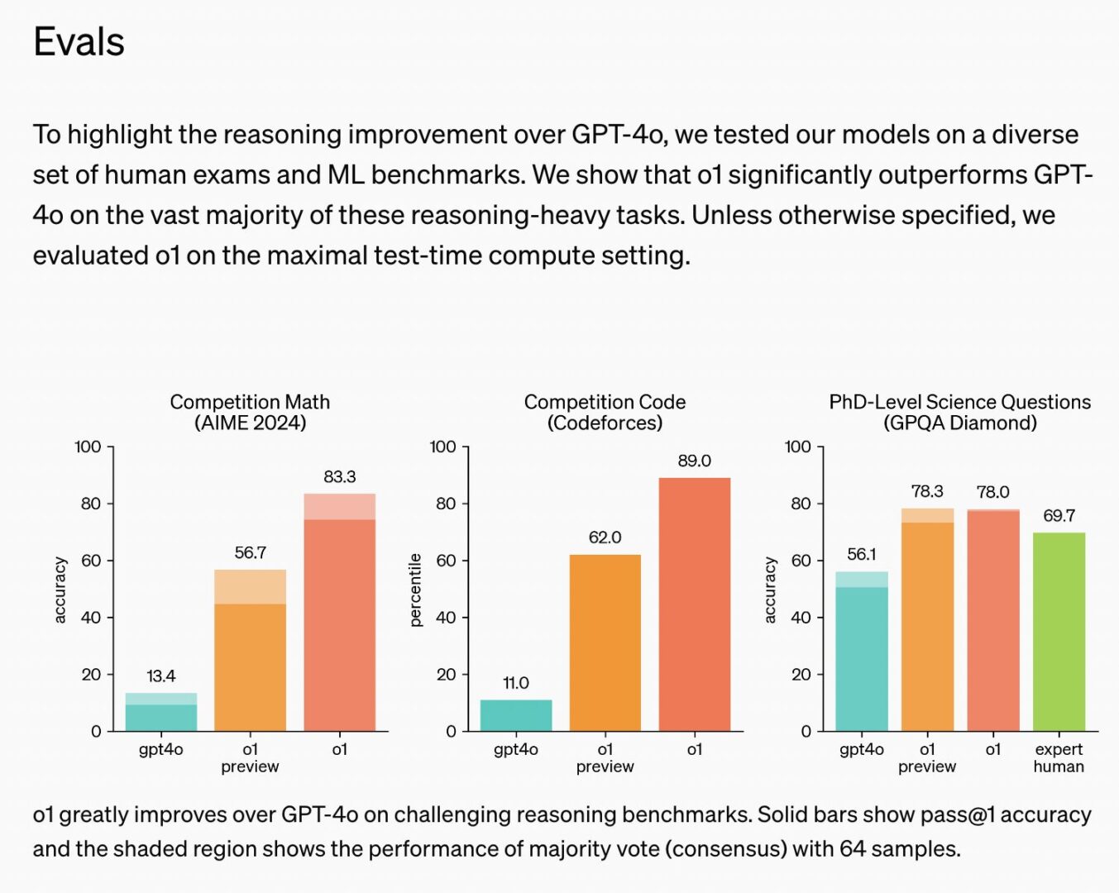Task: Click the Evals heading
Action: click(x=79, y=42)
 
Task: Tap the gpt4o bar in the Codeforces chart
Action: click(x=515, y=715)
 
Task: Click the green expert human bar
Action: click(x=1059, y=632)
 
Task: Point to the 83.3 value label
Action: click(x=339, y=477)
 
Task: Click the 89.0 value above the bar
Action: click(x=694, y=461)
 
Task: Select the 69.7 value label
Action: click(x=1059, y=516)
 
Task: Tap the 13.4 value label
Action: click(x=160, y=676)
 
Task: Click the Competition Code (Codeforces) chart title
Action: click(x=605, y=412)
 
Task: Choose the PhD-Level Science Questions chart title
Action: click(x=959, y=412)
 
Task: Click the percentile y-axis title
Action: click(x=415, y=590)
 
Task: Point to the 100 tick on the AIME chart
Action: click(x=88, y=447)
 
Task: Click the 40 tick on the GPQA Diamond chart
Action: click(x=801, y=618)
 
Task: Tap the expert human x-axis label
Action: click(x=1059, y=757)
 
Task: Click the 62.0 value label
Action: click(x=605, y=537)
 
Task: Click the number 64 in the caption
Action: click(x=854, y=849)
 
